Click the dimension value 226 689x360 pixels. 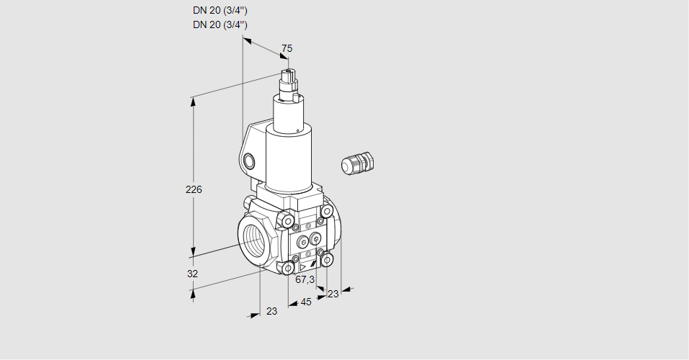tap(193, 190)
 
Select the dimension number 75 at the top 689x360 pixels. tap(287, 48)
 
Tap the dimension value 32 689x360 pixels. tap(192, 274)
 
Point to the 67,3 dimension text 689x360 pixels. tap(305, 279)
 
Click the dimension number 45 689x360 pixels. tap(306, 302)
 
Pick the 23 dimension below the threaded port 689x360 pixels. tap(271, 311)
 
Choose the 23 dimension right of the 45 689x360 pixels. tap(333, 294)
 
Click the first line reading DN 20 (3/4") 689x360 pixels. tap(220, 11)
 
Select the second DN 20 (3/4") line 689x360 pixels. tap(220, 24)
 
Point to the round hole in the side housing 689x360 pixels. tap(249, 161)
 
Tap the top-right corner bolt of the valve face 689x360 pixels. tap(327, 211)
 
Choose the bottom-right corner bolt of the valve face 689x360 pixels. tap(327, 259)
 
